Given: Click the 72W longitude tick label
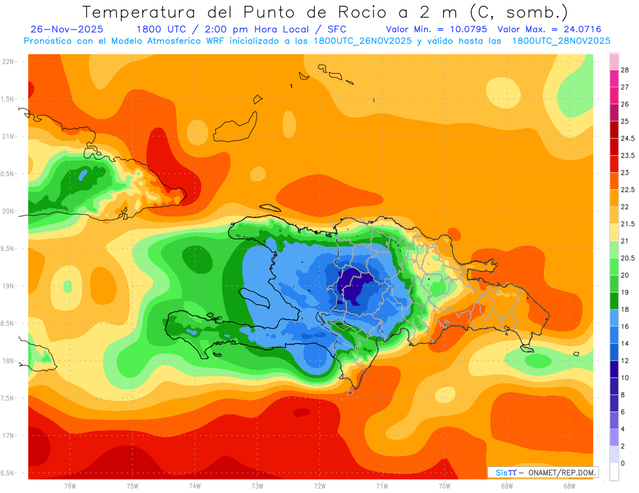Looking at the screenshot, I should coord(319,486).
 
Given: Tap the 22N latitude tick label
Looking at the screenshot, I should coord(9,62).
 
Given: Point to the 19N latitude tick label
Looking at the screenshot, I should coord(9,286).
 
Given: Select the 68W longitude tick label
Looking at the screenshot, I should coord(569,486).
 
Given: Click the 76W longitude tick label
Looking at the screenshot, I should coord(70,486).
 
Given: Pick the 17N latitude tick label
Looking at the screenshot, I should coord(9,436).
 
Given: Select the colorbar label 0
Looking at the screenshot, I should coord(623,463).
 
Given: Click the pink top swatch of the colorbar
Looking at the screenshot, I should coord(614,61).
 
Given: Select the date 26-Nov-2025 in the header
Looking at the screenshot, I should coord(67,29).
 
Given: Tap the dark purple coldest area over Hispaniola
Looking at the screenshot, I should coord(352,282).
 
